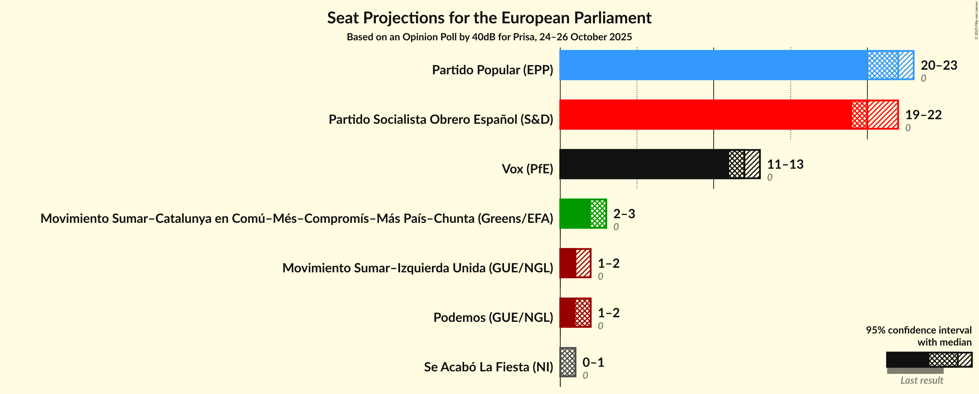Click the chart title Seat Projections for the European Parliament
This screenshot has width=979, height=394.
click(489, 18)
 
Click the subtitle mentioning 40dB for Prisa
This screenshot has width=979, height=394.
click(489, 37)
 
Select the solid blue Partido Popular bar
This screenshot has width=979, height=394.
click(713, 65)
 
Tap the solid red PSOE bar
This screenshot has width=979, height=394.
click(705, 115)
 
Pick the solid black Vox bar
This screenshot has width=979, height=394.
click(644, 164)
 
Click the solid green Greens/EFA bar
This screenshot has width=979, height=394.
click(575, 213)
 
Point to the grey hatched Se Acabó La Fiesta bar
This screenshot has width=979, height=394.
click(568, 362)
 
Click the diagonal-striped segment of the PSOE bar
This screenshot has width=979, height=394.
click(883, 115)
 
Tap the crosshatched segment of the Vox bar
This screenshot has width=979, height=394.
click(737, 164)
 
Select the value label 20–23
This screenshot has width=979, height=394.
click(939, 65)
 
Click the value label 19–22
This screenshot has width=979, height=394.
click(923, 115)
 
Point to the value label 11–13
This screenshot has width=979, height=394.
click(785, 164)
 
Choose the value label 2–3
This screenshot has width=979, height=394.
click(624, 213)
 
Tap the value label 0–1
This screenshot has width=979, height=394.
click(593, 362)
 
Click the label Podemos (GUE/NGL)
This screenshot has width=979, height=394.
click(493, 317)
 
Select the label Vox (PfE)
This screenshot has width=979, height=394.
click(527, 169)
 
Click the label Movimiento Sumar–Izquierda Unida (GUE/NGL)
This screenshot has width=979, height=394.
click(417, 268)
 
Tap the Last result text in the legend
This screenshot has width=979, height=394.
click(922, 380)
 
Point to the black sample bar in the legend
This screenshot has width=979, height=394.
click(908, 359)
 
